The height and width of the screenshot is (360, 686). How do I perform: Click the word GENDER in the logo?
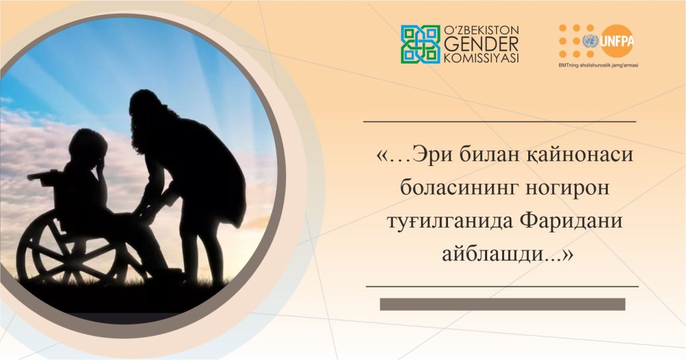click(x=482, y=44)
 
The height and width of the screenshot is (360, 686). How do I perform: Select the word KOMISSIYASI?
click(x=482, y=58)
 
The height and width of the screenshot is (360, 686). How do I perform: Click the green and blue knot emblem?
click(x=421, y=44)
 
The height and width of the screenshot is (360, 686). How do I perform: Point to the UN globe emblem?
click(x=590, y=42)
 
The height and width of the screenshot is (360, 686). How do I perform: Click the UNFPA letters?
click(x=617, y=41)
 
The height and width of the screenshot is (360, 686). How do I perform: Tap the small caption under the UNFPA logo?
click(x=598, y=65)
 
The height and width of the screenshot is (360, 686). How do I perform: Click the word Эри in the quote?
click(x=431, y=155)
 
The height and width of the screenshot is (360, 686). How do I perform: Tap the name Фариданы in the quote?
click(x=571, y=221)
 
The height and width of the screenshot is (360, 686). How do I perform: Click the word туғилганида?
click(x=450, y=221)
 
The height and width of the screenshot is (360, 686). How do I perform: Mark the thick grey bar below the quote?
click(x=502, y=304)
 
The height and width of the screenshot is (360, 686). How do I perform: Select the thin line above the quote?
click(x=499, y=121)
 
